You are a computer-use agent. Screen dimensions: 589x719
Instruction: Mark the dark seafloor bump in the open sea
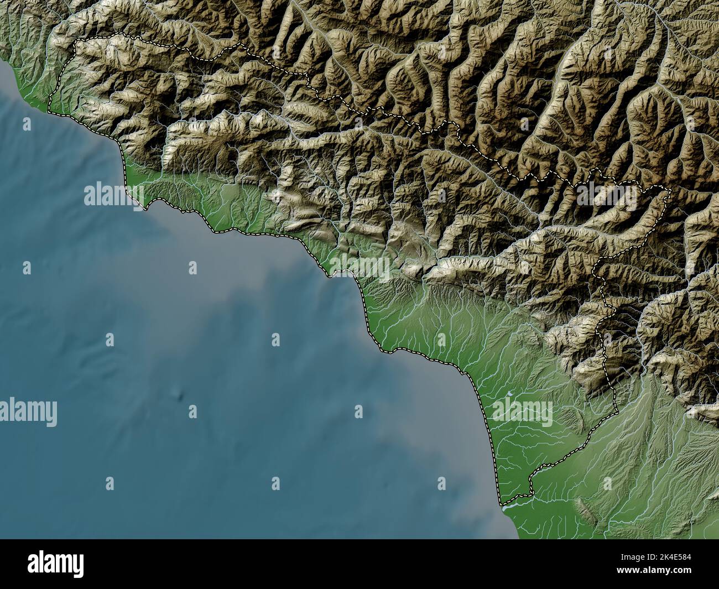click(178, 395)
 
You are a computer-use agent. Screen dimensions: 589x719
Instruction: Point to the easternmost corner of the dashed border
click(670, 191)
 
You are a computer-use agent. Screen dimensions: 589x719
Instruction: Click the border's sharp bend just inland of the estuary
click(531, 490)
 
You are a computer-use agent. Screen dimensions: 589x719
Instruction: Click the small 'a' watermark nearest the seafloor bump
click(192, 410)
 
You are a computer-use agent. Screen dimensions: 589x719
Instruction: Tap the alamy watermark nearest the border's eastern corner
click(606, 193)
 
